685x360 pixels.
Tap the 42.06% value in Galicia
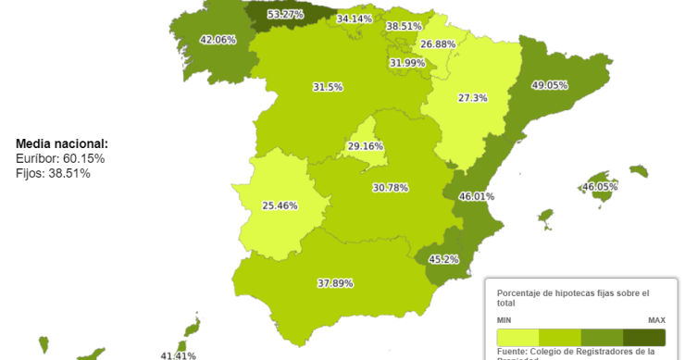click(x=218, y=40)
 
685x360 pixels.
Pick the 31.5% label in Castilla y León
click(x=328, y=87)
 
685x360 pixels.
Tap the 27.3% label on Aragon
click(x=472, y=98)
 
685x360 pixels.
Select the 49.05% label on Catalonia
click(x=549, y=85)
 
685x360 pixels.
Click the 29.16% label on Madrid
click(x=366, y=146)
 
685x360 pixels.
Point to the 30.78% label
click(x=391, y=188)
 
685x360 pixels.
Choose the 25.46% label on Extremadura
click(x=280, y=205)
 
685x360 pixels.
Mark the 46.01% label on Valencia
click(x=477, y=196)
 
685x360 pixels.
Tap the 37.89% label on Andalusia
click(x=335, y=283)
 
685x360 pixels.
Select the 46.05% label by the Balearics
click(x=599, y=187)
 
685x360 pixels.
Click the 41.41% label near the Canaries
click(x=179, y=355)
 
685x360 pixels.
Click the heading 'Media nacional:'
click(x=62, y=144)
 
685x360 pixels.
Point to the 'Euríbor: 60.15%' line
click(x=60, y=159)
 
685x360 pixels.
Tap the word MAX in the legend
click(x=656, y=320)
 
